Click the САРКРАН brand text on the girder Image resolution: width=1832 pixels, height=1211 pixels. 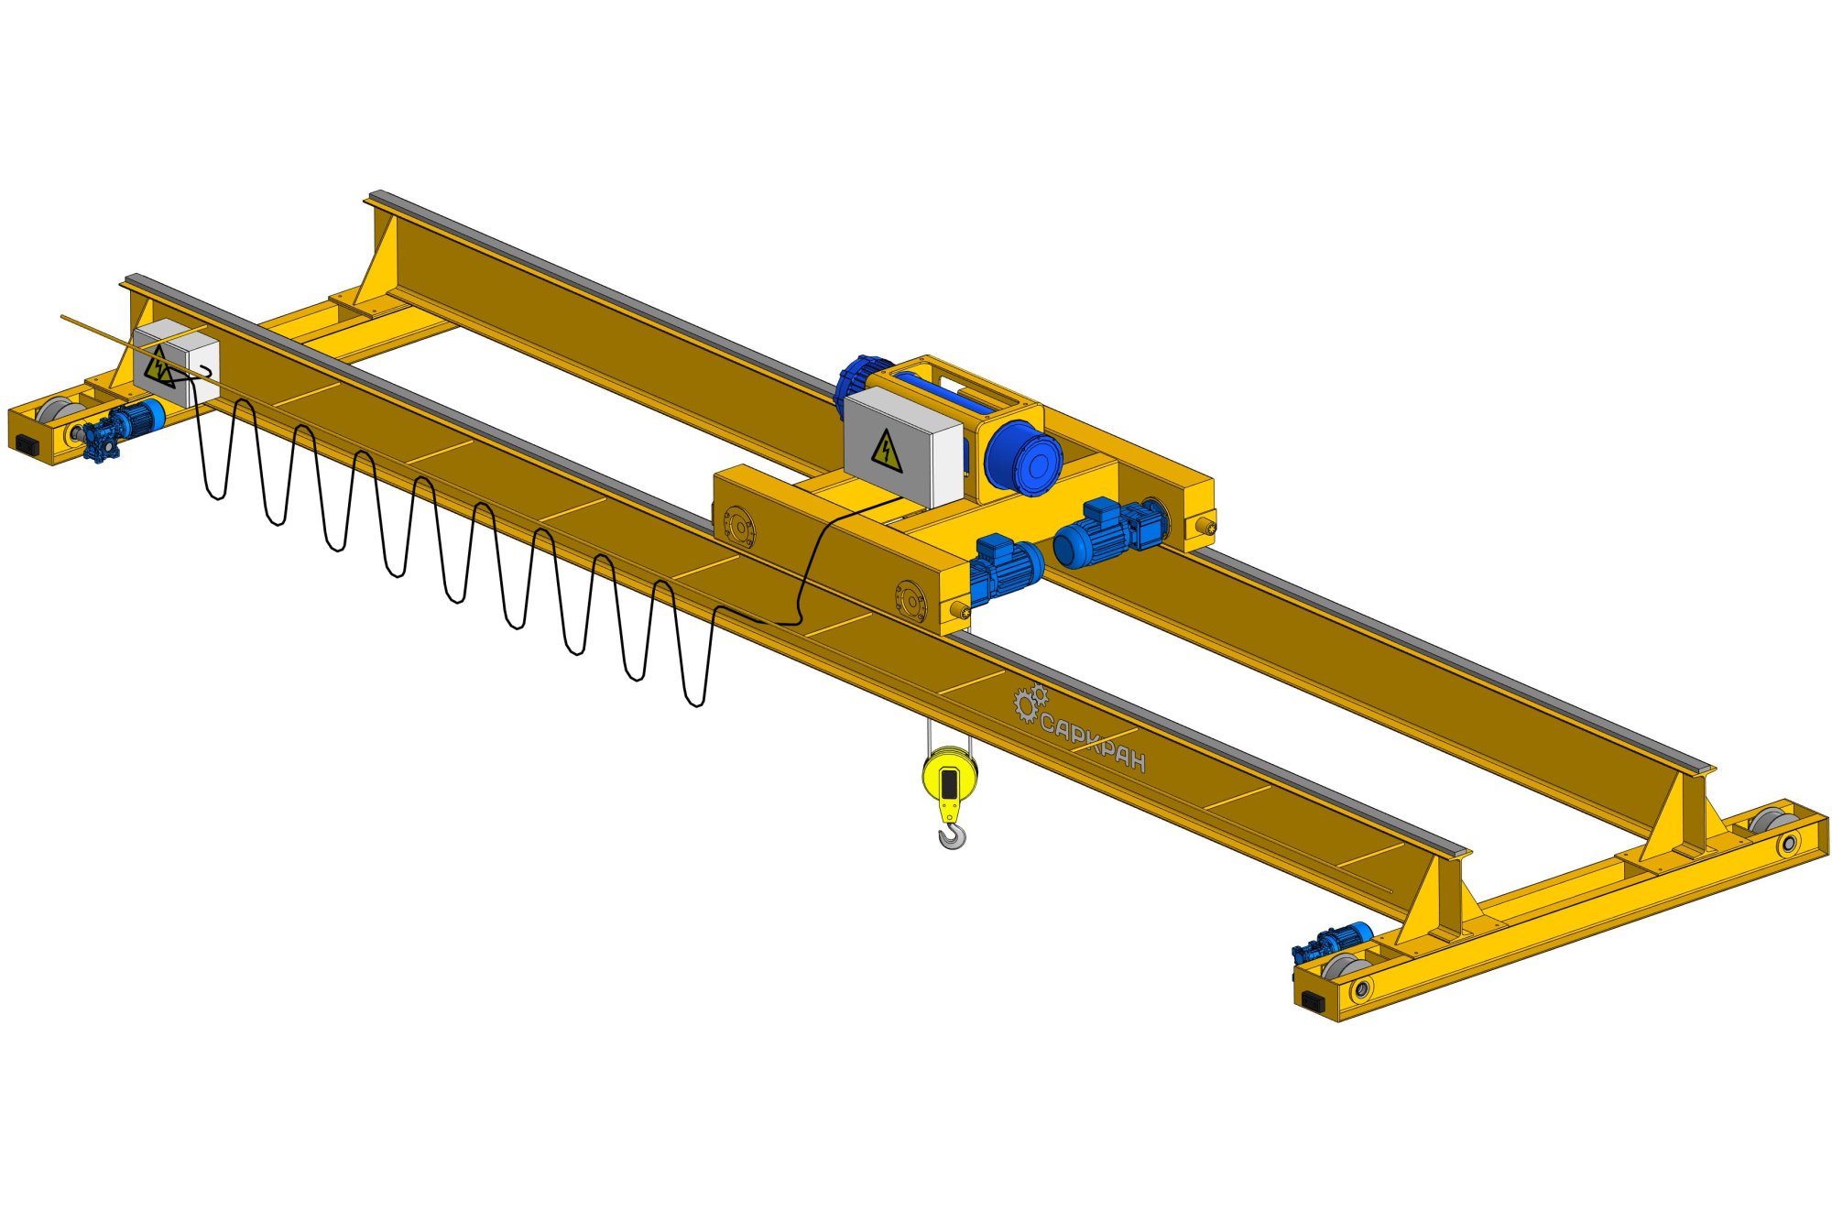coord(1093,745)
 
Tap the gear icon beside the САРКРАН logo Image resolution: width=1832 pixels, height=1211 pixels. coord(1030,703)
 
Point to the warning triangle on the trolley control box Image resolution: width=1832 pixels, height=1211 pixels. coord(887,451)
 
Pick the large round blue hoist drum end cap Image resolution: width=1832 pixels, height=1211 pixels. coord(1024,458)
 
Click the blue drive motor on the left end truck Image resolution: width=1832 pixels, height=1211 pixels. coord(123,429)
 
